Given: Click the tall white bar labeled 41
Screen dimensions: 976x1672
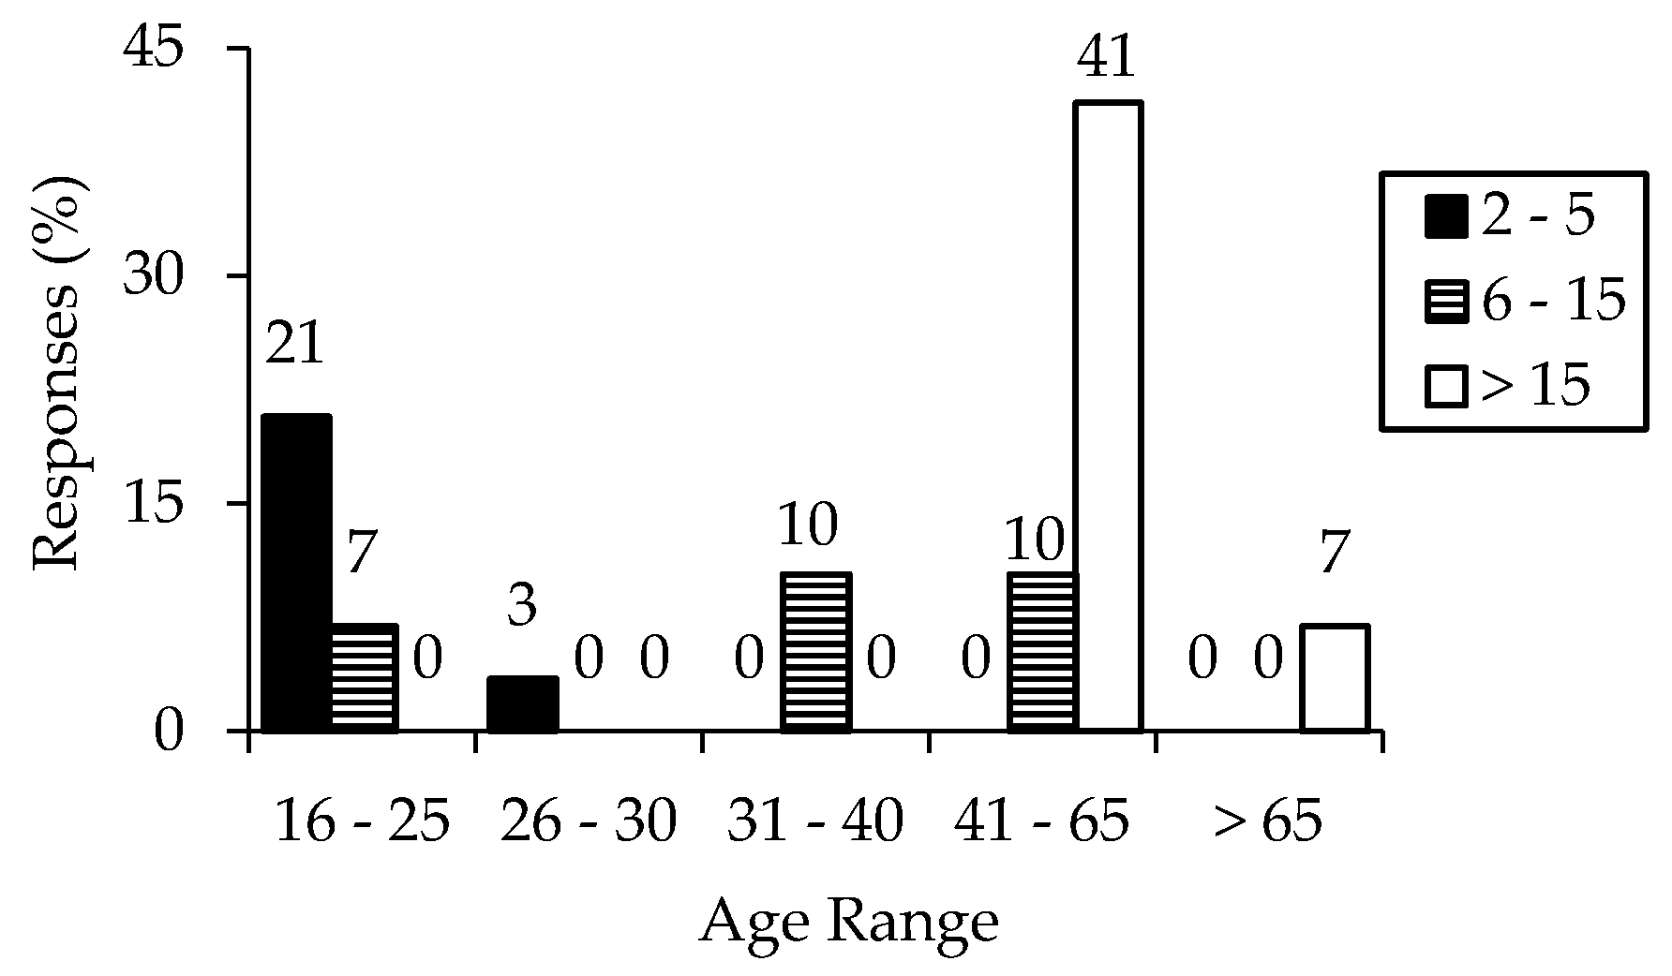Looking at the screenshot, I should click(1108, 417).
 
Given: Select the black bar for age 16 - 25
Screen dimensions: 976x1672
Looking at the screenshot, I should click(296, 572).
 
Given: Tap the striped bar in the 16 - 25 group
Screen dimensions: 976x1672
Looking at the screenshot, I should click(365, 677).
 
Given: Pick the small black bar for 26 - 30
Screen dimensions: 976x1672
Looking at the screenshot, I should click(523, 703).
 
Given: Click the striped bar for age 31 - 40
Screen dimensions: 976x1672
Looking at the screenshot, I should click(816, 651).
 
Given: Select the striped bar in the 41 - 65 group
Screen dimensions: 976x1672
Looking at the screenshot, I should click(1042, 651).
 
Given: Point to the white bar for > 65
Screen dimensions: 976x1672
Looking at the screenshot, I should click(1335, 677).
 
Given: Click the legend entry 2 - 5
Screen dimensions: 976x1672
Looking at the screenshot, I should click(1509, 217).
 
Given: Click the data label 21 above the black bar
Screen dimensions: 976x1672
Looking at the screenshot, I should click(294, 345).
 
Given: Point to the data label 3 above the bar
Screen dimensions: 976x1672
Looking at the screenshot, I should click(521, 606).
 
